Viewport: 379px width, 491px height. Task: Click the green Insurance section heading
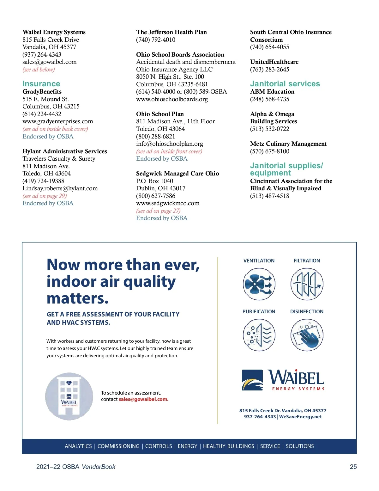pyautogui.click(x=41, y=84)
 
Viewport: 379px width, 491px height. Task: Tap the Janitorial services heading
pyautogui.click(x=285, y=84)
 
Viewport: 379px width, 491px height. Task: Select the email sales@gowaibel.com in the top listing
pyautogui.click(x=50, y=62)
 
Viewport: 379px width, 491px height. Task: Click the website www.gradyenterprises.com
pyautogui.click(x=58, y=121)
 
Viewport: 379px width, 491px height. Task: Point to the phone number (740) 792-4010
pyautogui.click(x=156, y=40)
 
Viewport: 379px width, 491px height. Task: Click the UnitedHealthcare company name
pyautogui.click(x=274, y=62)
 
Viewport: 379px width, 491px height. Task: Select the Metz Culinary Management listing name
pyautogui.click(x=288, y=144)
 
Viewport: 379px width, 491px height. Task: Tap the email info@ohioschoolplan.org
pyautogui.click(x=170, y=144)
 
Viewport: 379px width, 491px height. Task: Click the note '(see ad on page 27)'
pyautogui.click(x=158, y=211)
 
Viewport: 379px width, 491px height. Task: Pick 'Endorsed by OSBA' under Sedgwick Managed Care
pyautogui.click(x=162, y=218)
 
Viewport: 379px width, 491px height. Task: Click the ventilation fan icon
pyautogui.click(x=259, y=284)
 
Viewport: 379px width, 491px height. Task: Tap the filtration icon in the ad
pyautogui.click(x=307, y=284)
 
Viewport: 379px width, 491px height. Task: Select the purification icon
pyautogui.click(x=259, y=335)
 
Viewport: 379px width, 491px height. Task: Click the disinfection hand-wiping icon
pyautogui.click(x=307, y=335)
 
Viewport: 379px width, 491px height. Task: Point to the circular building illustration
pyautogui.click(x=69, y=396)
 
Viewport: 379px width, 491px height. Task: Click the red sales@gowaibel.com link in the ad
pyautogui.click(x=143, y=399)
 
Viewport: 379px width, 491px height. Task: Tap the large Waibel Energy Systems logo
pyautogui.click(x=283, y=380)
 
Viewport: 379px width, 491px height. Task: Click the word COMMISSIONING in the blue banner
pyautogui.click(x=118, y=446)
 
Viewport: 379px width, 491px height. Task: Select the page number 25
pyautogui.click(x=353, y=467)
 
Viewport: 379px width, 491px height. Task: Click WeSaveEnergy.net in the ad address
pyautogui.click(x=300, y=417)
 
